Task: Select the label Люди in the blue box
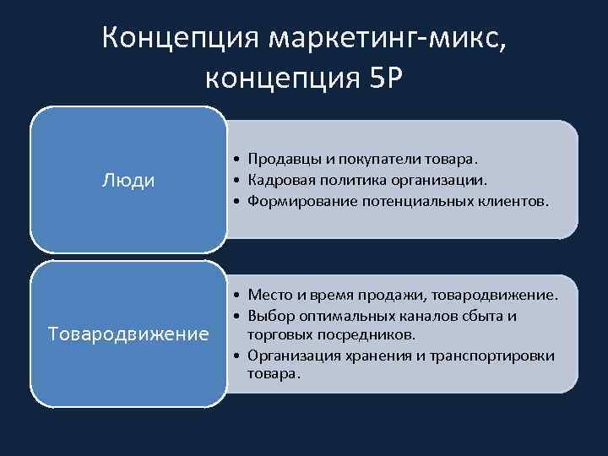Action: (x=128, y=181)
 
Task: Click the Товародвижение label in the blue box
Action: (x=128, y=334)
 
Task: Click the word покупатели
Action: (x=377, y=159)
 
